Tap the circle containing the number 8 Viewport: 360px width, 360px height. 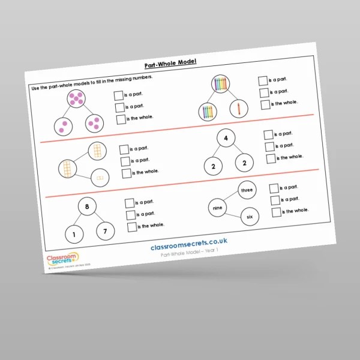tap(87, 208)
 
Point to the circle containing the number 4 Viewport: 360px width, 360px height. tap(226, 140)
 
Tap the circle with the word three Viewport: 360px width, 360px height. tap(247, 190)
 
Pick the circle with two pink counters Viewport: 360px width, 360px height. tap(62, 126)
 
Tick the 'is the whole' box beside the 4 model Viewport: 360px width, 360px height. tap(271, 158)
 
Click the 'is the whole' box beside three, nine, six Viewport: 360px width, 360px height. tap(277, 212)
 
